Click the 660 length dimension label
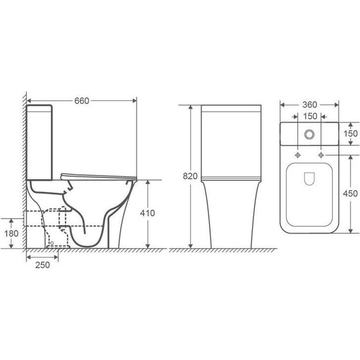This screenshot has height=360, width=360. [81, 101]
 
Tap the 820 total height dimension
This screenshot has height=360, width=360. [190, 176]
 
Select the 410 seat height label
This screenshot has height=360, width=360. [147, 213]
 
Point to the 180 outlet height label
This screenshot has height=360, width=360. [11, 234]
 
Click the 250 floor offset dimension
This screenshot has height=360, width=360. [42, 265]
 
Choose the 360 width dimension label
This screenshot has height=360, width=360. [309, 105]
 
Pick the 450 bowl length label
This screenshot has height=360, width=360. [351, 193]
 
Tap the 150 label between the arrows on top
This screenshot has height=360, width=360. [310, 116]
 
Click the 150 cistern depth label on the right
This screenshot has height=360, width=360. [351, 133]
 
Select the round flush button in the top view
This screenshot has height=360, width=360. [309, 135]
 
